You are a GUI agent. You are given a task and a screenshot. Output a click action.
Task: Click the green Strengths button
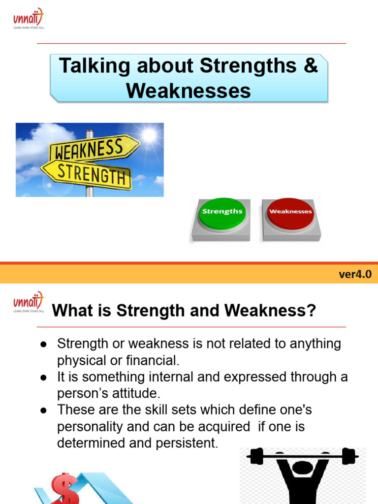click(222, 212)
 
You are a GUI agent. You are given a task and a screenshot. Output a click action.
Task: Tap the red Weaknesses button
click(290, 212)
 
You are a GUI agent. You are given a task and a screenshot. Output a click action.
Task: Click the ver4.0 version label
click(355, 275)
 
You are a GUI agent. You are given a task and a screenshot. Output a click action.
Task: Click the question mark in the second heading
click(311, 311)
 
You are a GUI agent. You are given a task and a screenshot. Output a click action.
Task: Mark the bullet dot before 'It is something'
click(43, 378)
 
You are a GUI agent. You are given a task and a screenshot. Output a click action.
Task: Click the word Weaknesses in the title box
click(189, 91)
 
